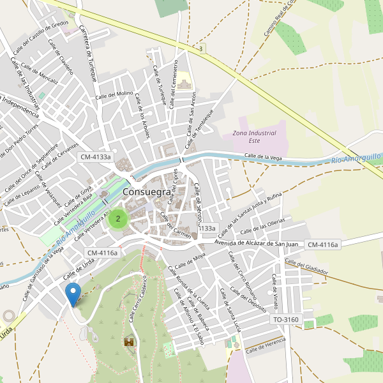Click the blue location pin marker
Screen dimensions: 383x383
tap(73, 294)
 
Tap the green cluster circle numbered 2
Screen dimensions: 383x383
tap(117, 218)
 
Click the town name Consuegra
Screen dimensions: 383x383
tap(146, 191)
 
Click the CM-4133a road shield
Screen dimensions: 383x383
tap(95, 156)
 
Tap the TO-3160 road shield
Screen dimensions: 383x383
tap(285, 319)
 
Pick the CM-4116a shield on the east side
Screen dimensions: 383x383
tap(323, 244)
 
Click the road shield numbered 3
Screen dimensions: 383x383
tap(201, 49)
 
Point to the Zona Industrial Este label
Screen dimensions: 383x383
tap(254, 137)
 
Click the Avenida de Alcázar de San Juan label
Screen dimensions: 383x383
tap(257, 243)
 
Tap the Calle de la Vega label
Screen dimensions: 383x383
tap(263, 156)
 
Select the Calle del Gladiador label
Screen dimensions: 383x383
tap(306, 267)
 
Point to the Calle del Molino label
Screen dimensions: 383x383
tap(114, 94)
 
